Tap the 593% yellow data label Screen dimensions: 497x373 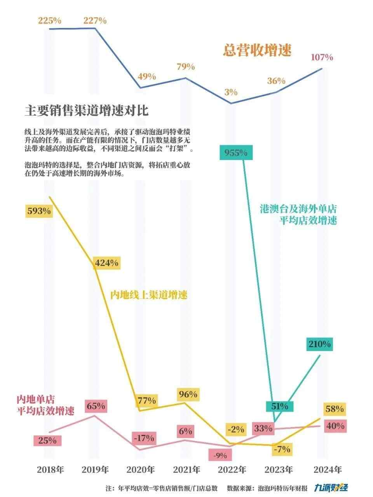(39, 211)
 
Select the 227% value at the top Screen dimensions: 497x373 (95, 21)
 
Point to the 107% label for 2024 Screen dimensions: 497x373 (322, 57)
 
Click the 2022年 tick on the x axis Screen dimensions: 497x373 (232, 469)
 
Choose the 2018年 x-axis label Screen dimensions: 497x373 (51, 469)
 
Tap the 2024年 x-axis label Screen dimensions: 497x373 (328, 469)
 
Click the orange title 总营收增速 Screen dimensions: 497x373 (257, 50)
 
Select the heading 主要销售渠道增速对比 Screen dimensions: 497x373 (86, 111)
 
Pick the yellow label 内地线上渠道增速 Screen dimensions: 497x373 (149, 295)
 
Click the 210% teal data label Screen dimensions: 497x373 (319, 344)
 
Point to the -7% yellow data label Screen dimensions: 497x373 (282, 450)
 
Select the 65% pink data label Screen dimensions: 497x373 (96, 406)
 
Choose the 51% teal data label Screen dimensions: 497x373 (280, 406)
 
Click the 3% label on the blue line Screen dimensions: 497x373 (231, 92)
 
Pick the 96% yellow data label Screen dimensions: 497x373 (188, 394)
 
